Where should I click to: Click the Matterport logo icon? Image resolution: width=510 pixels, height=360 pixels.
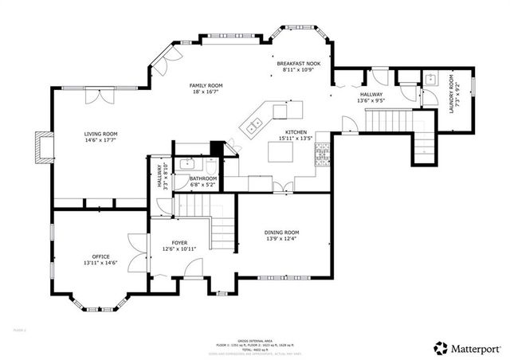[440, 347]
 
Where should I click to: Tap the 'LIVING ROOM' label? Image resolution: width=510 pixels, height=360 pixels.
[101, 134]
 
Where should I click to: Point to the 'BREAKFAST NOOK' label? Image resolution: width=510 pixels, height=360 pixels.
[300, 63]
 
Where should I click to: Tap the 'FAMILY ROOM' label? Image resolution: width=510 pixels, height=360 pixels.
[206, 85]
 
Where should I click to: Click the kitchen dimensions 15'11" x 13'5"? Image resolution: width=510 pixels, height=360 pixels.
[296, 138]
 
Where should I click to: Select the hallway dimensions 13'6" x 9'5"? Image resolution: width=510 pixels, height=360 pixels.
[371, 101]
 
